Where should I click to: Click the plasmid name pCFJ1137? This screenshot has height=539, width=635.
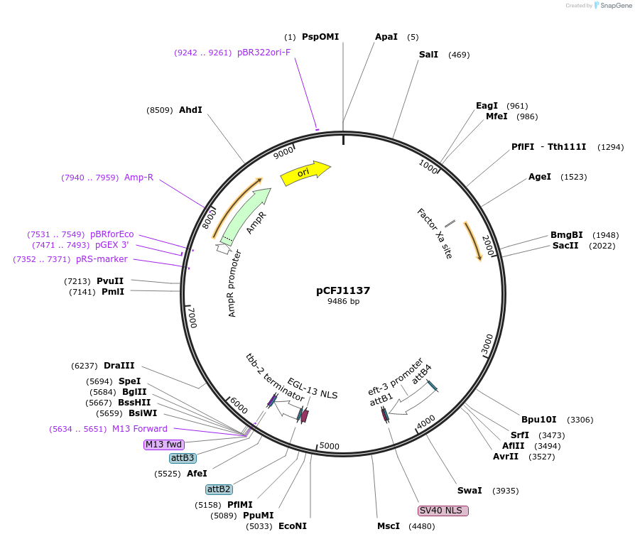343,290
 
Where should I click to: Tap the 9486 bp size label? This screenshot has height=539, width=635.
343,301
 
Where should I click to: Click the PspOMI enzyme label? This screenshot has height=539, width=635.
320,37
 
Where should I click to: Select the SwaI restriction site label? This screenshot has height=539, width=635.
470,491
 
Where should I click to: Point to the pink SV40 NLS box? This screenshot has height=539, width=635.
443,511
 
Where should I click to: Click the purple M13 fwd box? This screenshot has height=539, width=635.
164,445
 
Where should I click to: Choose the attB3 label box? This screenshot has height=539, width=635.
183,458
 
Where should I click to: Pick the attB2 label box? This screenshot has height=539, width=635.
218,489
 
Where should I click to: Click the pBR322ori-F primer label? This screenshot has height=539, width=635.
264,53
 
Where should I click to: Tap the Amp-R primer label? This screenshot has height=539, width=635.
139,178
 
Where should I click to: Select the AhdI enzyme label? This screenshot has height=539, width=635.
190,110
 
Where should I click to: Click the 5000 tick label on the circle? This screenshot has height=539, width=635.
330,446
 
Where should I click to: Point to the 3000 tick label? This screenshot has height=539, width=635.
487,344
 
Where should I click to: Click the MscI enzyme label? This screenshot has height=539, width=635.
389,526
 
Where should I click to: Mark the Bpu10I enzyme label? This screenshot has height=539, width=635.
539,419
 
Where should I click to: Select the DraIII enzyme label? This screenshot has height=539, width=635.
119,366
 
